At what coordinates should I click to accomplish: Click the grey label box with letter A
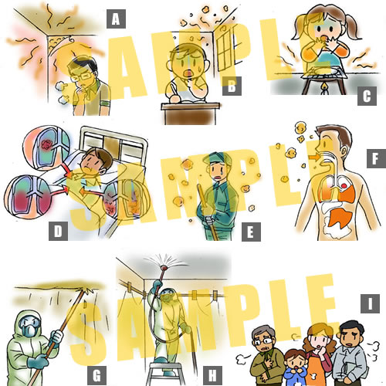point(116,19)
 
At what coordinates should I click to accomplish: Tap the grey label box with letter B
point(232,86)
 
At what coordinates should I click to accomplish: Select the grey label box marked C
point(367,96)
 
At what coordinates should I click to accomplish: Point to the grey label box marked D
point(58,231)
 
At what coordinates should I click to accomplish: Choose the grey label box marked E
point(251,232)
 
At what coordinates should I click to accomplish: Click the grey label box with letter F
point(376,158)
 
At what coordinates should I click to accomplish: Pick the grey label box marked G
point(96,375)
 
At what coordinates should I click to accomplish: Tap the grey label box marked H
point(212,375)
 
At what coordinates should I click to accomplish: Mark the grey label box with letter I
point(370,303)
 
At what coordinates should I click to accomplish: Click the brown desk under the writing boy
point(191,113)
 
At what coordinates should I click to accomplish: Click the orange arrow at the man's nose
point(313,157)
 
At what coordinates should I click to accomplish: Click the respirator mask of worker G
point(29,329)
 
